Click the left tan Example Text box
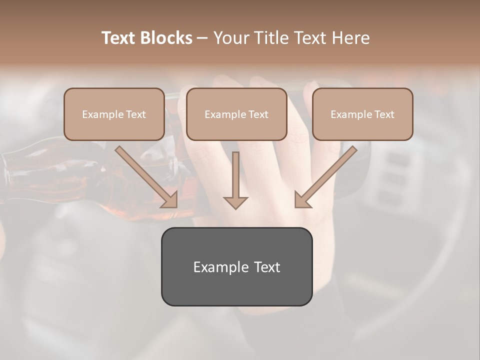coord(114,114)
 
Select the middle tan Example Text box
coord(236,114)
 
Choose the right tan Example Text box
coord(362,114)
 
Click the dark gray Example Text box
coord(236,266)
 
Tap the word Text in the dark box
coord(266,267)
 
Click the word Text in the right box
coord(384,114)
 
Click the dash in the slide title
coord(202,38)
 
